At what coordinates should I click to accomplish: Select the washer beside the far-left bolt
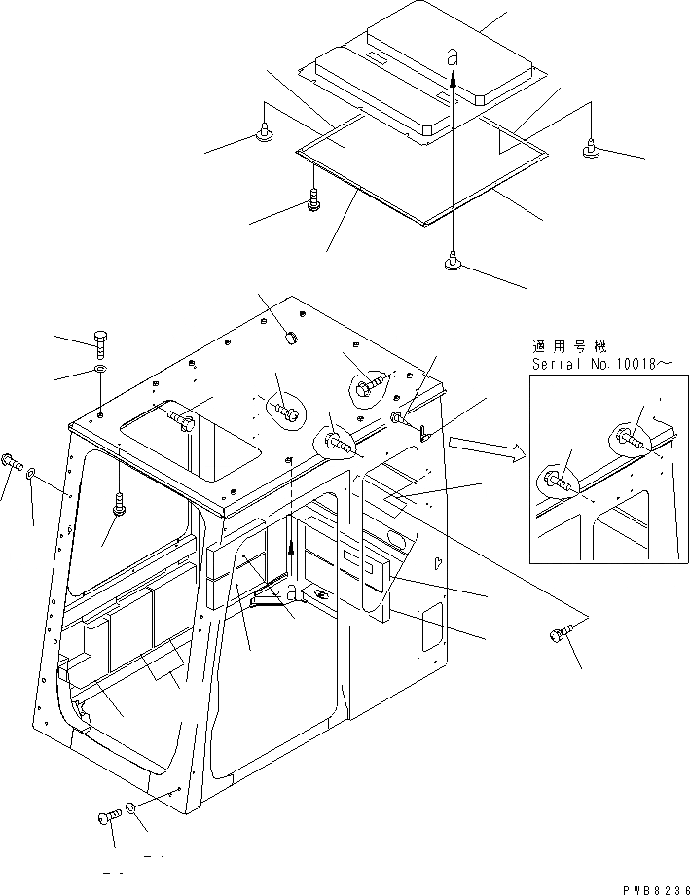click(32, 473)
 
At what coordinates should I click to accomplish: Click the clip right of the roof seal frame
click(590, 149)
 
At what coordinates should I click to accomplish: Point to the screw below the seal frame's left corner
click(314, 202)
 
